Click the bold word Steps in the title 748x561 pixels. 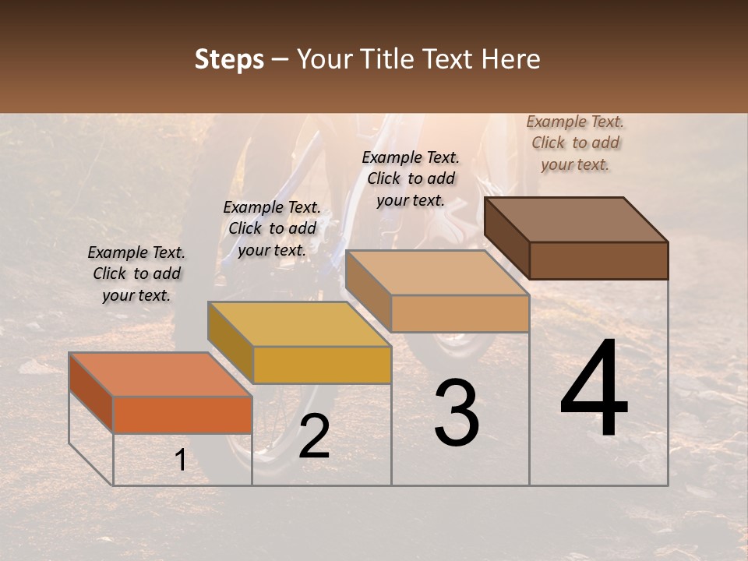[229, 59]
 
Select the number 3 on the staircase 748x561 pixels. [457, 413]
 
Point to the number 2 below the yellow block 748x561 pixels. [314, 437]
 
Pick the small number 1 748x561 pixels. [181, 460]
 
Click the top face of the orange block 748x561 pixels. [160, 374]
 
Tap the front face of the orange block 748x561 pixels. [182, 415]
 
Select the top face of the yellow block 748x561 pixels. [299, 324]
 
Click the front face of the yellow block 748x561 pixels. [322, 365]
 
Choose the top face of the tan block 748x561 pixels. [437, 273]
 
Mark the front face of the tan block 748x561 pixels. [460, 313]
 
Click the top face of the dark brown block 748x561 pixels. [577, 220]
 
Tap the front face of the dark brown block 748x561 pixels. [598, 260]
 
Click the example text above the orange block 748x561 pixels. [136, 273]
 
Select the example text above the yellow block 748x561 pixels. [272, 228]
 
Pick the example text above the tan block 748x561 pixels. [411, 178]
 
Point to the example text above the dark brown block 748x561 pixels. [575, 143]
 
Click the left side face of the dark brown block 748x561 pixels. [506, 238]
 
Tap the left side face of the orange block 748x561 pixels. [91, 392]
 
